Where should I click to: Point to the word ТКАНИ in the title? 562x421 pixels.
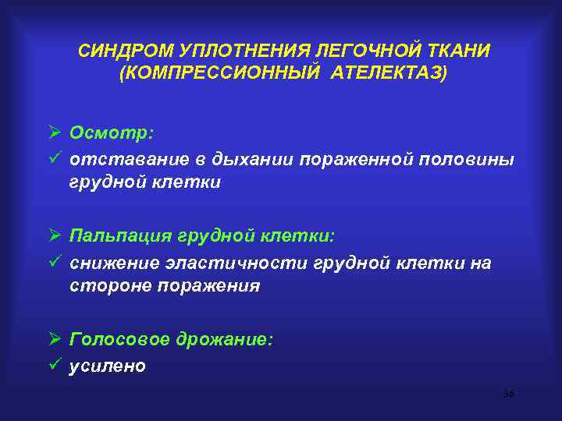click(457, 51)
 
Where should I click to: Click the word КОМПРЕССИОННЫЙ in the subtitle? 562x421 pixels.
click(214, 73)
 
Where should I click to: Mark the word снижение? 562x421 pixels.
click(110, 262)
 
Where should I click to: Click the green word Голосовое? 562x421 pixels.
click(115, 340)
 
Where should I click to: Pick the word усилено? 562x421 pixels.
click(107, 366)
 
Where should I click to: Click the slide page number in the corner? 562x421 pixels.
click(508, 394)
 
